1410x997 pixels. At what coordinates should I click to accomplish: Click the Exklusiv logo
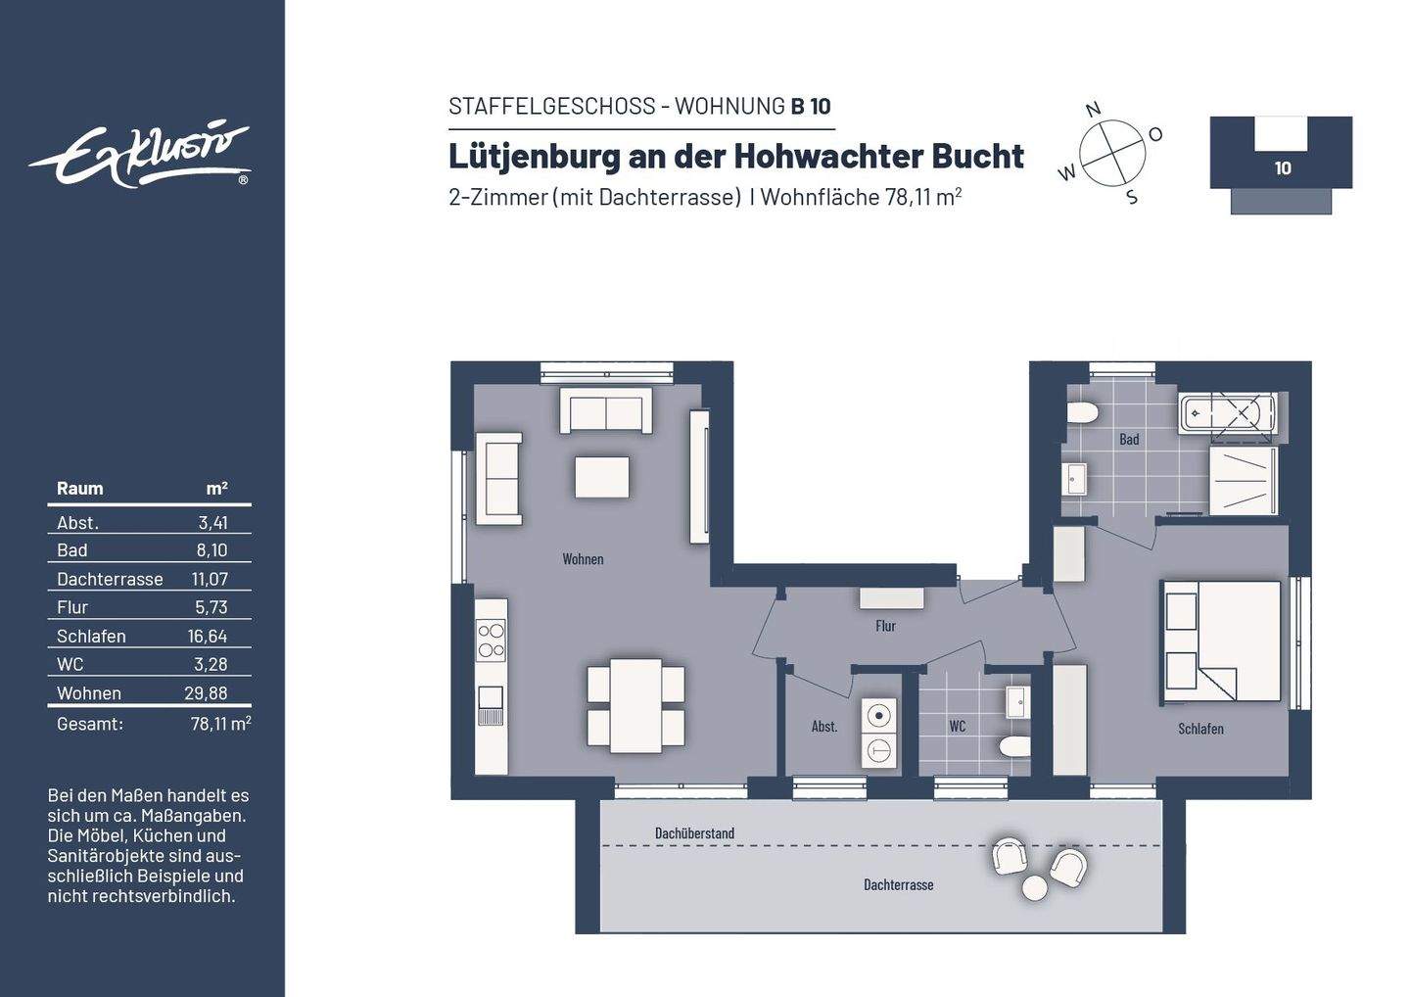coord(140,154)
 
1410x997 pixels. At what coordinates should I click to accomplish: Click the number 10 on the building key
coord(1282,168)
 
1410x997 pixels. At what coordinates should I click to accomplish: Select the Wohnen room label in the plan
coord(583,559)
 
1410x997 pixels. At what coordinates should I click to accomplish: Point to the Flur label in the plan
coord(885,626)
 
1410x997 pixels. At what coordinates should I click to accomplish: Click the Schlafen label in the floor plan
coord(1200,729)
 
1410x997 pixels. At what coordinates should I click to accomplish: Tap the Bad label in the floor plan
coord(1129,440)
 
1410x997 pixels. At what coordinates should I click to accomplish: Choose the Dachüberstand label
coord(694,833)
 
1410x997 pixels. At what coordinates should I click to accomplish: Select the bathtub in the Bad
coord(1229,413)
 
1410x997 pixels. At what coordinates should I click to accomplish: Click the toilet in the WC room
coord(1014,748)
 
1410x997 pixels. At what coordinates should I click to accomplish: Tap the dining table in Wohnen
coord(635,705)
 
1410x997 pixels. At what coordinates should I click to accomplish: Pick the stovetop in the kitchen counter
coord(491,641)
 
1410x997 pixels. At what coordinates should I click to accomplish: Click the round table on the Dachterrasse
coord(1035,887)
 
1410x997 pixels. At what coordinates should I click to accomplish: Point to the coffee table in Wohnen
coord(601,477)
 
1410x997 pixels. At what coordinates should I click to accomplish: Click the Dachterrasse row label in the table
coord(110,579)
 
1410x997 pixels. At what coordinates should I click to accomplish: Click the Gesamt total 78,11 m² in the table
coord(220,724)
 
